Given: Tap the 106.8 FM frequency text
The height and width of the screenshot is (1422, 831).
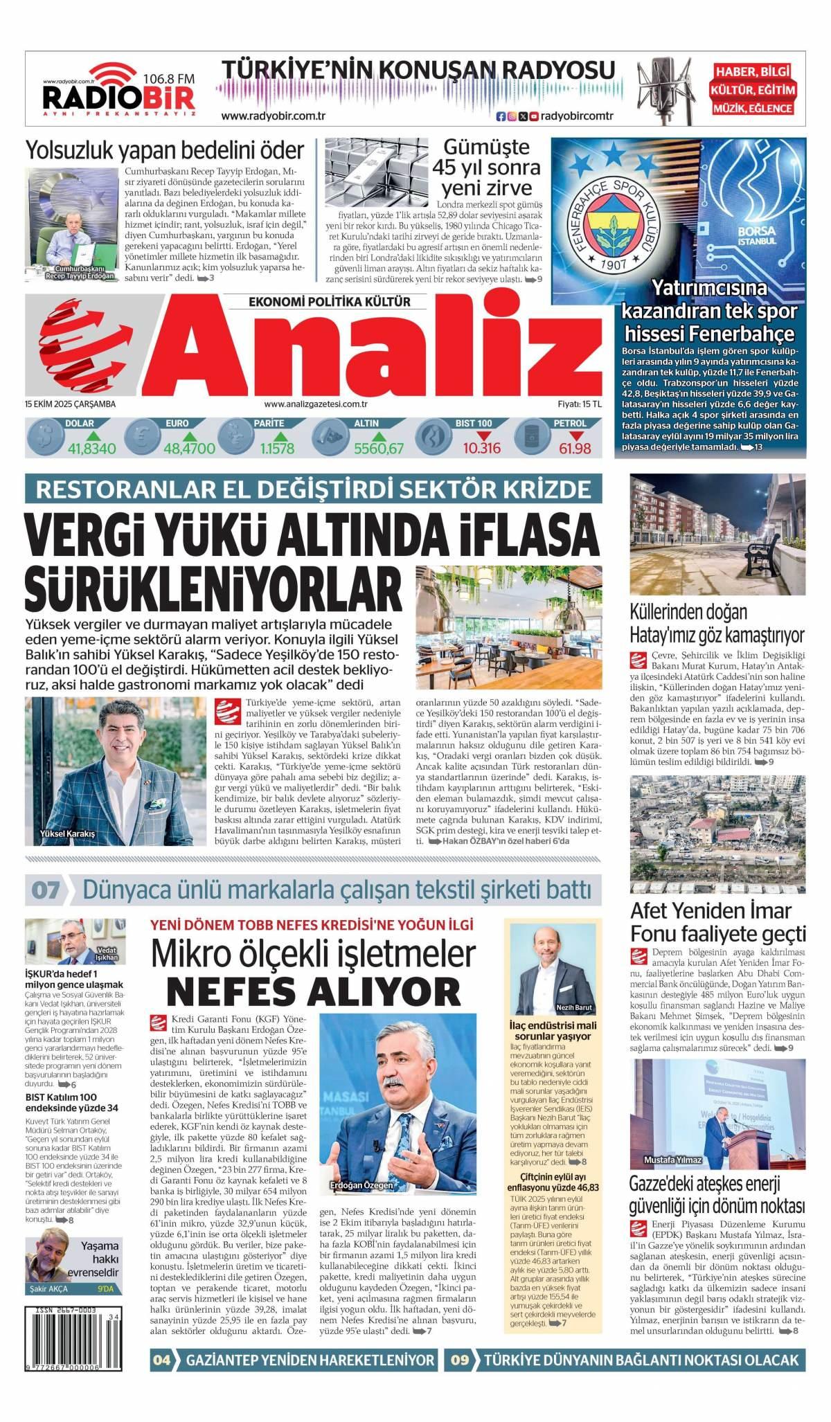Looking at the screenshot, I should click(168, 80).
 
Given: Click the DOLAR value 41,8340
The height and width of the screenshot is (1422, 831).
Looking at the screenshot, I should click(91, 449).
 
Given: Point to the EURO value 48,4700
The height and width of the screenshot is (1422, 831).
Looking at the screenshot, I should click(189, 449).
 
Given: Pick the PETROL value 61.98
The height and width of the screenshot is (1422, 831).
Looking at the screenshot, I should click(575, 449).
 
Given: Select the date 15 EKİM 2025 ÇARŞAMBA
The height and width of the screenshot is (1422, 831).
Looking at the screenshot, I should click(69, 404).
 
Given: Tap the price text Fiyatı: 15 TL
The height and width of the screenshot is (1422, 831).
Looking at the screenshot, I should click(580, 404).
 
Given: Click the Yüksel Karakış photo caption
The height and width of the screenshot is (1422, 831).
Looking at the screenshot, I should click(68, 834).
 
